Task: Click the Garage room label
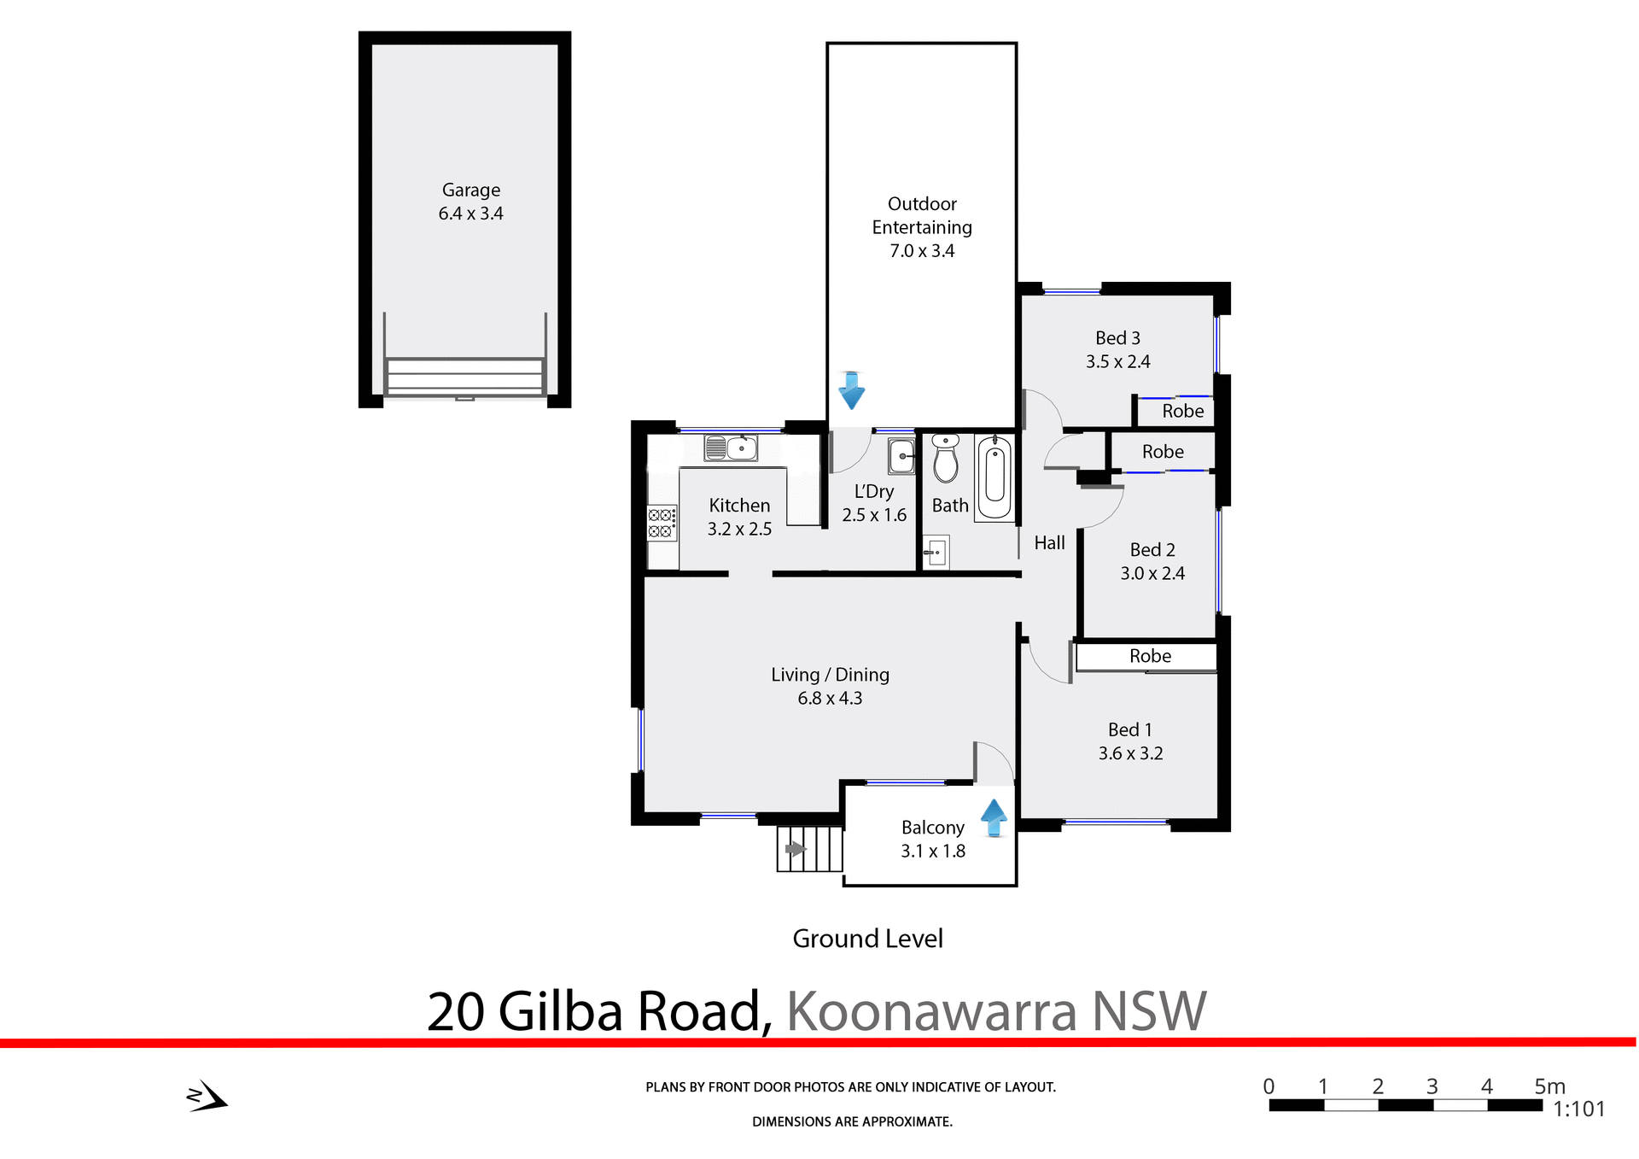pyautogui.click(x=470, y=190)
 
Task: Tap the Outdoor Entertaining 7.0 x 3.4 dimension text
pyautogui.click(x=922, y=251)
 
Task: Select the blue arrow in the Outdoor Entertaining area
pyautogui.click(x=851, y=390)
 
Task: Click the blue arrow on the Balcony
pyautogui.click(x=994, y=817)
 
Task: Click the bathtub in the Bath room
pyautogui.click(x=994, y=477)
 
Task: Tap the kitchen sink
pyautogui.click(x=731, y=448)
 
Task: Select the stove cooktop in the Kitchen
pyautogui.click(x=661, y=523)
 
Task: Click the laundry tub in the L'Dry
pyautogui.click(x=901, y=456)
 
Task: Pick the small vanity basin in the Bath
pyautogui.click(x=936, y=553)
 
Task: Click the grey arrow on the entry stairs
pyautogui.click(x=796, y=849)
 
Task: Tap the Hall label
pyautogui.click(x=1049, y=543)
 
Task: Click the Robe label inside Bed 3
pyautogui.click(x=1182, y=412)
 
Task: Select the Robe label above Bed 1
pyautogui.click(x=1150, y=656)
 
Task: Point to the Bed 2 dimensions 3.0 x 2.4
pyautogui.click(x=1152, y=574)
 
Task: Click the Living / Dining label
pyautogui.click(x=830, y=675)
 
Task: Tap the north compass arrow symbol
pyautogui.click(x=207, y=1097)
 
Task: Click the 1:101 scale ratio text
pyautogui.click(x=1578, y=1109)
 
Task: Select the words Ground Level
pyautogui.click(x=867, y=939)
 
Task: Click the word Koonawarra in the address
pyautogui.click(x=930, y=1011)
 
